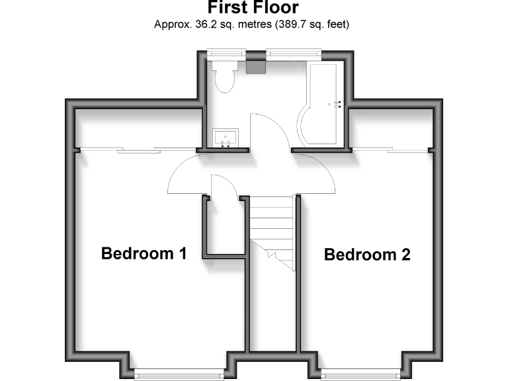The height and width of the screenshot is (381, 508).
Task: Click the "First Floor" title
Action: pyautogui.click(x=253, y=8)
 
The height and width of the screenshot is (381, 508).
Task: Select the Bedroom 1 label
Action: pyautogui.click(x=144, y=253)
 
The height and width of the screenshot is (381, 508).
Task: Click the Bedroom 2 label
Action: pyautogui.click(x=367, y=255)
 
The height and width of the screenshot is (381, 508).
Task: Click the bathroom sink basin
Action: pyautogui.click(x=226, y=138)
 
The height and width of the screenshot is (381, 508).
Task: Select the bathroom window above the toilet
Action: pyautogui.click(x=225, y=52)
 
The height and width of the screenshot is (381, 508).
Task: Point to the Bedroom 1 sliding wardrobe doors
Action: pyautogui.click(x=139, y=150)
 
